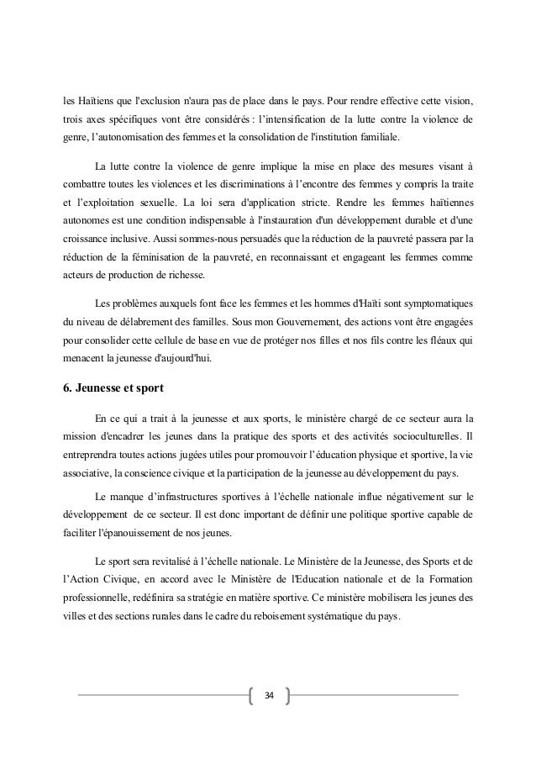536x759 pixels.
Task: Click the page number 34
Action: [x=268, y=695]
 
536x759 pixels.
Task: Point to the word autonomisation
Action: [x=127, y=135]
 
